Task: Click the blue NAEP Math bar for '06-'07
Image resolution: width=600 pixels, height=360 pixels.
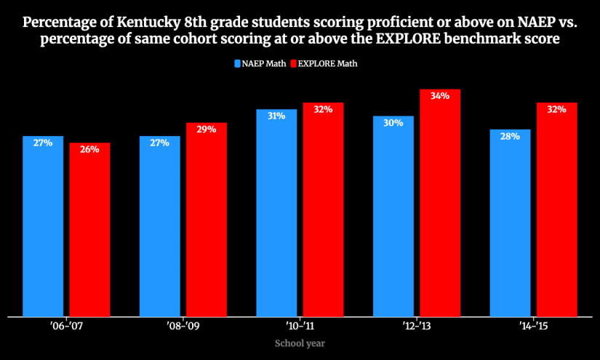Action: [43, 226]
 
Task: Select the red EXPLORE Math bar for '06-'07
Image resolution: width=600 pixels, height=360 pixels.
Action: [89, 230]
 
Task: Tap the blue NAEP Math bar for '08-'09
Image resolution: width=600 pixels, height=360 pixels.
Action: [159, 226]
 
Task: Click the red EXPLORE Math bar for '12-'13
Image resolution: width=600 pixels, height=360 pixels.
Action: [440, 203]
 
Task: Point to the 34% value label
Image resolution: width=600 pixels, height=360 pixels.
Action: [440, 96]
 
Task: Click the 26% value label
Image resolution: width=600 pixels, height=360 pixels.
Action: [89, 150]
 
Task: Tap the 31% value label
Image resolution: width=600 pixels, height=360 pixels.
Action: [276, 116]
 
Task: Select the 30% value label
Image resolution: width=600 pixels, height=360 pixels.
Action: [393, 123]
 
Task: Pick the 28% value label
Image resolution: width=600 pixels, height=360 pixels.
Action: [510, 137]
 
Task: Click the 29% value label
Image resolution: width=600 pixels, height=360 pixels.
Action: [207, 129]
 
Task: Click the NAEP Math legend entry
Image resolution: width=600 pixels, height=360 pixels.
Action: [259, 64]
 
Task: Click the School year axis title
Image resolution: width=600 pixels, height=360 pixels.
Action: [300, 343]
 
